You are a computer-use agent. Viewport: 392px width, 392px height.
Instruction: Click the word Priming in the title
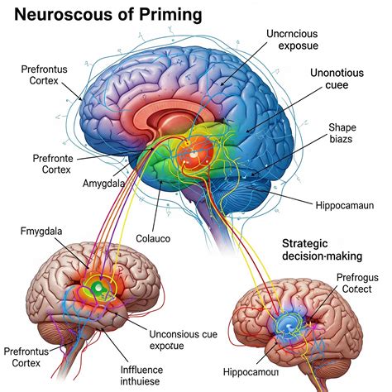click(x=170, y=14)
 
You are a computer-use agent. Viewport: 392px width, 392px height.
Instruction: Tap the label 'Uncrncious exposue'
click(x=292, y=40)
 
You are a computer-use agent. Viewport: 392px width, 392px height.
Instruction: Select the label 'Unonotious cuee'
click(x=337, y=79)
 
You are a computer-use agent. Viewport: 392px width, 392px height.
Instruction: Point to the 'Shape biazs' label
click(x=342, y=133)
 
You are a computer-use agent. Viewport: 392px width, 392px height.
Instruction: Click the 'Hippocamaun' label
click(x=345, y=205)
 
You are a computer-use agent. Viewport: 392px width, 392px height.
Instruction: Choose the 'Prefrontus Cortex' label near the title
click(x=44, y=74)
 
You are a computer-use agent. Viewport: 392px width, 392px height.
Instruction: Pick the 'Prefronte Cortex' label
click(x=53, y=164)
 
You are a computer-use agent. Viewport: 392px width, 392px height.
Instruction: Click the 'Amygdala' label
click(x=103, y=184)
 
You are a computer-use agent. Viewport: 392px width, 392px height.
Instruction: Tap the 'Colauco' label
click(x=153, y=238)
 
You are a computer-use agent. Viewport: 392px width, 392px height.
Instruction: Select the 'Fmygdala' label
click(x=41, y=232)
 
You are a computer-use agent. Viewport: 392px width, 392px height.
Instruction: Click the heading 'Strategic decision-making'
click(x=322, y=250)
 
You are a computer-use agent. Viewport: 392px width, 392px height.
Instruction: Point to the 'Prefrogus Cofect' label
click(x=357, y=283)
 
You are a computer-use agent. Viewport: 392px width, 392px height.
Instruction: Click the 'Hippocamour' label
click(x=251, y=372)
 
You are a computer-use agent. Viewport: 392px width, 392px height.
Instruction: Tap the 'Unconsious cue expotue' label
click(x=184, y=340)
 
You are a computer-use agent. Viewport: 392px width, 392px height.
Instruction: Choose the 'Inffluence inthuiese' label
click(x=141, y=375)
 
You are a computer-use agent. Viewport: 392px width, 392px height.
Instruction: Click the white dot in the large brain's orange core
click(x=194, y=155)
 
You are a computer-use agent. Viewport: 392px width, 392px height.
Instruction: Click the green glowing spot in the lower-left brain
click(x=98, y=288)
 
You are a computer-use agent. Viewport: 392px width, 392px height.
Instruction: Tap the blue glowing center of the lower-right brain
click(x=289, y=326)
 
